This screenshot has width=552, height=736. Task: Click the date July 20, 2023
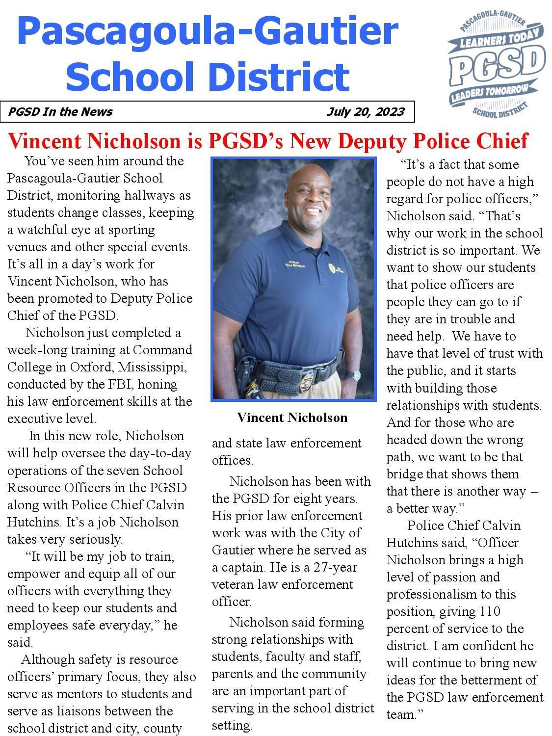click(366, 112)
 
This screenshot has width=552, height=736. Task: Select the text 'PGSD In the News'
click(60, 112)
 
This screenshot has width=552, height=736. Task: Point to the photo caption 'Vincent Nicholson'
click(292, 418)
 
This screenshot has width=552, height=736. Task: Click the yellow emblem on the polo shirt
click(333, 268)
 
